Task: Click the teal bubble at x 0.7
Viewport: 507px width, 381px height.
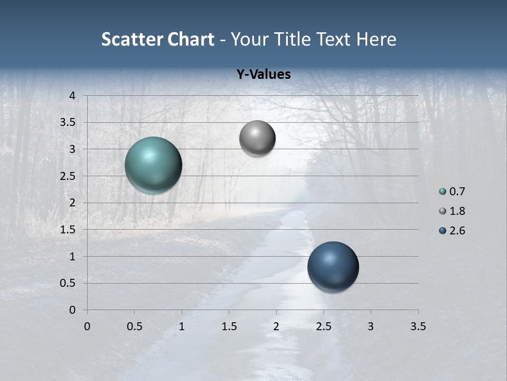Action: tap(153, 165)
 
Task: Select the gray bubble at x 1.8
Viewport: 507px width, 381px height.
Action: tap(257, 138)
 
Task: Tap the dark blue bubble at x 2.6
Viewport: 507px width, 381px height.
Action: tap(333, 267)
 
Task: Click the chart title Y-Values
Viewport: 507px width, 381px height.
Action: tap(263, 75)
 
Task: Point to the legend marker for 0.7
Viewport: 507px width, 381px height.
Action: tap(443, 192)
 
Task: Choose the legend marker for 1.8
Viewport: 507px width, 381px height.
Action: tap(443, 211)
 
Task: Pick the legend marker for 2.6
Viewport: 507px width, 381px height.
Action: tap(443, 231)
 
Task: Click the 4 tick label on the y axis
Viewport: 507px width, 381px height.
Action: tap(72, 96)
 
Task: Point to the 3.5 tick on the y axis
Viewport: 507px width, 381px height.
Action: tap(67, 122)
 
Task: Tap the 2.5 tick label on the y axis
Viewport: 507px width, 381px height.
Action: tap(67, 176)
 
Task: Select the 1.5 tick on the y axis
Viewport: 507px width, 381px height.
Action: tap(67, 230)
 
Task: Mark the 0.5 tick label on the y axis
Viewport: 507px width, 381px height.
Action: tap(67, 283)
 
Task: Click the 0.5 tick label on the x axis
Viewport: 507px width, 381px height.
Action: tap(134, 326)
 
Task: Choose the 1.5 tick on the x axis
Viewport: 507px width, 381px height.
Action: tap(229, 326)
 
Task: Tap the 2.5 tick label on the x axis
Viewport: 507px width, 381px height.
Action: tap(323, 326)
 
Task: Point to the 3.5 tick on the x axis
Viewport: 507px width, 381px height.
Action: tap(418, 326)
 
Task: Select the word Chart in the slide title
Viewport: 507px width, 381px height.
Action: tap(190, 39)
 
